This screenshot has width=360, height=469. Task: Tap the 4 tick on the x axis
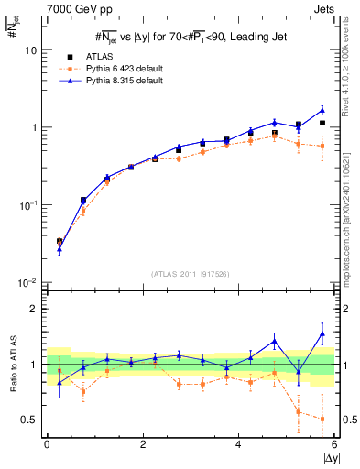238,444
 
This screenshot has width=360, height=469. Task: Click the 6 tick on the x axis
334,444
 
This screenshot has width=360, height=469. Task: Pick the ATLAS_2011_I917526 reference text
189,274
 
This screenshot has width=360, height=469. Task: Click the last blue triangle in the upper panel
322,110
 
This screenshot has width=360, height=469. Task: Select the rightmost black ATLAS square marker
322,123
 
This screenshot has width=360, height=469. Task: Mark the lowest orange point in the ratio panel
322,419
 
